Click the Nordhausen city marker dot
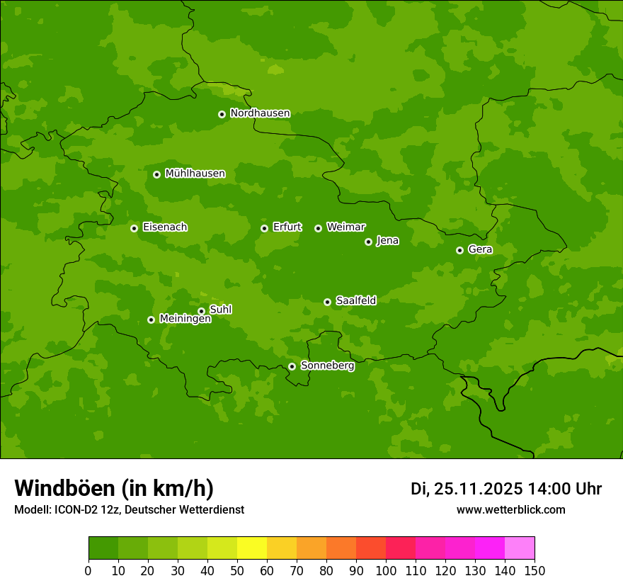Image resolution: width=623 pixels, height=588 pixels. pos(222,114)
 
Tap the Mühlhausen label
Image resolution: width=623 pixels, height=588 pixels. pos(195,174)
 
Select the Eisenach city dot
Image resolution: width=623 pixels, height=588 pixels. pos(134,228)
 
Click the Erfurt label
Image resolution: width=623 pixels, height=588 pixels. pos(287,227)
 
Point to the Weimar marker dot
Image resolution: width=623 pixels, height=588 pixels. pos(318,228)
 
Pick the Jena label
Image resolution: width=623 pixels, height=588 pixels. pos(387,241)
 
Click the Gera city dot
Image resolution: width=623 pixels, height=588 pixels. pos(459,250)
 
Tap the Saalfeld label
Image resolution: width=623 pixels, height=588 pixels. pos(355,301)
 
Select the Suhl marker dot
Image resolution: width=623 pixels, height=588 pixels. pos(201,311)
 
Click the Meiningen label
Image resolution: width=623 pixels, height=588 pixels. pos(185,320)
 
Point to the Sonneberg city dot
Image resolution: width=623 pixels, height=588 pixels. pos(292,366)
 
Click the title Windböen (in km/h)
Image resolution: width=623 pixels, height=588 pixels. pos(114,488)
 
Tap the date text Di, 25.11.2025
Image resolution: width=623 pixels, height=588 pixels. pos(467,489)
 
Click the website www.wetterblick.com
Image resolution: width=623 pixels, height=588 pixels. pos(510,509)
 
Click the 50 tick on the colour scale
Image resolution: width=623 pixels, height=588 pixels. pos(237,570)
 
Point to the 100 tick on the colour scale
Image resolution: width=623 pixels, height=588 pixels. pos(386,570)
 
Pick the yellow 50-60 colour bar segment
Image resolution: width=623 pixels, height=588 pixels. pos(252,548)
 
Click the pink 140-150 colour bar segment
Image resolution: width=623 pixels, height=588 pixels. pos(520,548)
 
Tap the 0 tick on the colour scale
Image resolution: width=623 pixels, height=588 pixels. pos(88,570)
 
